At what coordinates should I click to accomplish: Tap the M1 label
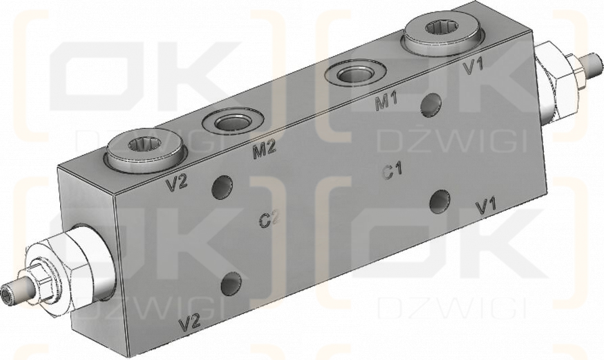coord(386,104)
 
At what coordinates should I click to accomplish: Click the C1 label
coord(393,171)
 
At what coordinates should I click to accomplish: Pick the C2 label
coord(269,219)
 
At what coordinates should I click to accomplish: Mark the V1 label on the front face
coord(487,207)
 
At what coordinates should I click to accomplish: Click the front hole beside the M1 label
coord(431,104)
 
